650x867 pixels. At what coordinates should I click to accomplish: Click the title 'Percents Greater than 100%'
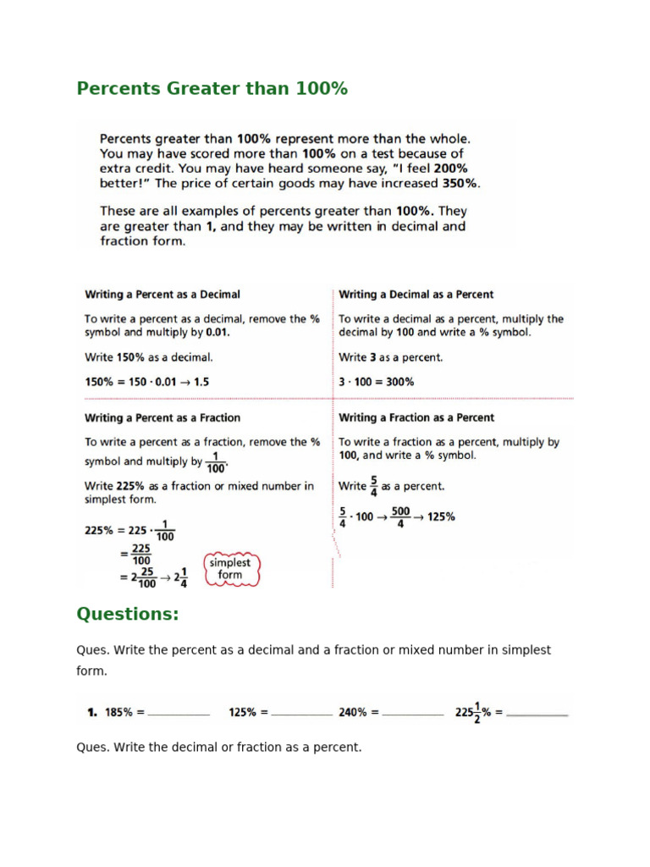pyautogui.click(x=212, y=88)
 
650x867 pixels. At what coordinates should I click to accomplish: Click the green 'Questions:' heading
pyautogui.click(x=128, y=614)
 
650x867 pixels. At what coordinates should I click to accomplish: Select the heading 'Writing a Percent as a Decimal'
pyautogui.click(x=162, y=295)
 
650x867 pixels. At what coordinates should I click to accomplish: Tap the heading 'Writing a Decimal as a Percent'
pyautogui.click(x=416, y=295)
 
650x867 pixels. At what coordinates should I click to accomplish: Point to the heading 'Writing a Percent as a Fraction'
pyautogui.click(x=162, y=417)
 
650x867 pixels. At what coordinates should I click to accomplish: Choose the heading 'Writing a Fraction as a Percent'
pyautogui.click(x=416, y=417)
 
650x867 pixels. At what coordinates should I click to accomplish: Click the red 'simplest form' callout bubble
pyautogui.click(x=229, y=568)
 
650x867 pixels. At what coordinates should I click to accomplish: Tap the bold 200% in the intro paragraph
pyautogui.click(x=448, y=168)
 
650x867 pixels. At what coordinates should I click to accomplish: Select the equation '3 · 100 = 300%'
pyautogui.click(x=377, y=382)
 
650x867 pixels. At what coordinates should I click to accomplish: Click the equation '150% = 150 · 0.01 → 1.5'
pyautogui.click(x=146, y=382)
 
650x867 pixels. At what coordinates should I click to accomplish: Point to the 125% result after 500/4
pyautogui.click(x=441, y=516)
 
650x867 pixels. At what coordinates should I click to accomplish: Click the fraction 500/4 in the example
pyautogui.click(x=399, y=516)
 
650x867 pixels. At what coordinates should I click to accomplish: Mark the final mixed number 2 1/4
pyautogui.click(x=179, y=577)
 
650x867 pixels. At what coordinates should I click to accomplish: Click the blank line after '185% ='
pyautogui.click(x=179, y=715)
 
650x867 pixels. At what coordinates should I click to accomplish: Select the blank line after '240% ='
pyautogui.click(x=412, y=715)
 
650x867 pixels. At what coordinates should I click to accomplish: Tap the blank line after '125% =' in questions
pyautogui.click(x=301, y=715)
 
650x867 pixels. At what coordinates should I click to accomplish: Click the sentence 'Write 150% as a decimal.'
pyautogui.click(x=149, y=357)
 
